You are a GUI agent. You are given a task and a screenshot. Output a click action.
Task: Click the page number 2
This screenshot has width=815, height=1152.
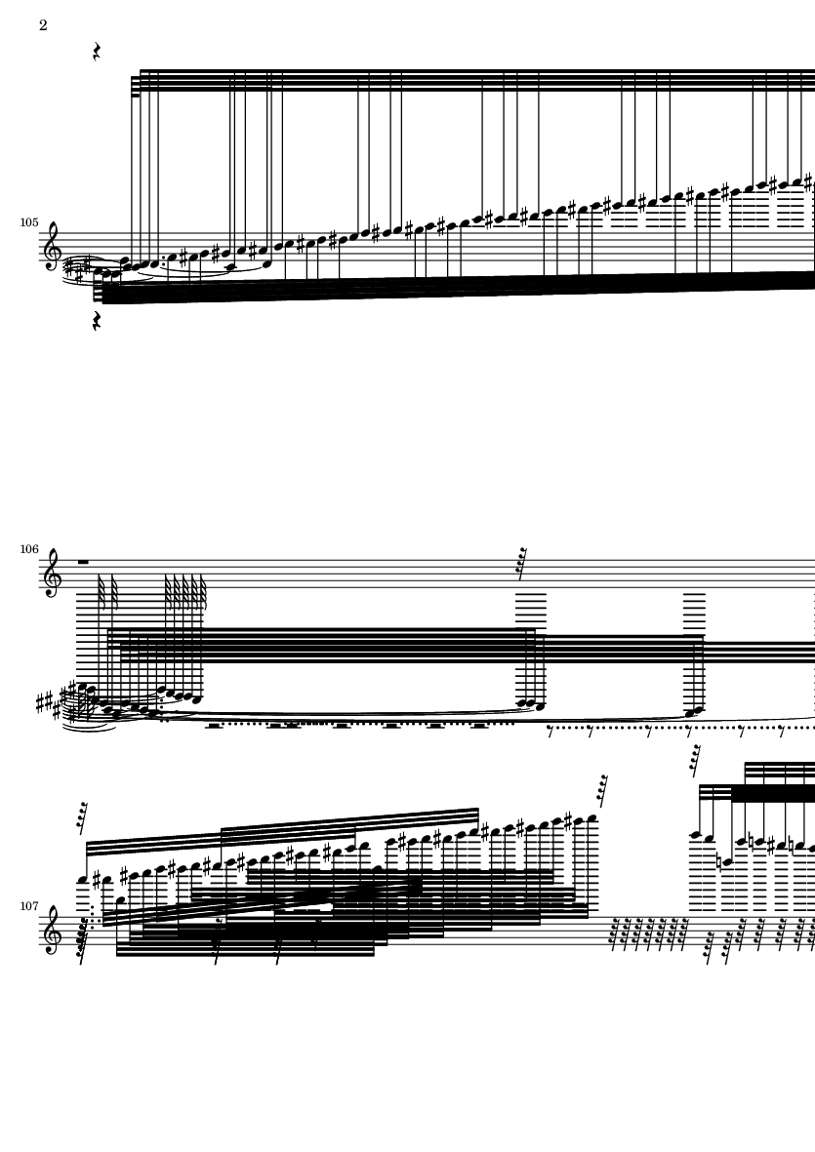[x=43, y=25]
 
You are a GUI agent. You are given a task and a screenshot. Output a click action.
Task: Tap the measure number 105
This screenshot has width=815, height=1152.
[x=28, y=221]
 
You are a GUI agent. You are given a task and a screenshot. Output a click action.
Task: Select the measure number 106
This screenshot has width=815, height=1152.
[x=28, y=549]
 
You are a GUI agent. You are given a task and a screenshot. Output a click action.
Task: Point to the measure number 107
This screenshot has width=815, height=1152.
[x=28, y=906]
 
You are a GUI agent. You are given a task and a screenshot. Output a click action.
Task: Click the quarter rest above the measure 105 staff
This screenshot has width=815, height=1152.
[x=97, y=52]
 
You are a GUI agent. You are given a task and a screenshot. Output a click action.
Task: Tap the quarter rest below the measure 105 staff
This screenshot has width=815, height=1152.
[x=97, y=321]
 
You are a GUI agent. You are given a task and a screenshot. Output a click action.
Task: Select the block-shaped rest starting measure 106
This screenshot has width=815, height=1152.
[x=83, y=562]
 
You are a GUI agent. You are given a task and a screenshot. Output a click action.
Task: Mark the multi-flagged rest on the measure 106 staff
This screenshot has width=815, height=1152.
[x=522, y=564]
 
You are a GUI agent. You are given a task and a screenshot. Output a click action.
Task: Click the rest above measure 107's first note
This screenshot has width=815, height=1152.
[x=83, y=818]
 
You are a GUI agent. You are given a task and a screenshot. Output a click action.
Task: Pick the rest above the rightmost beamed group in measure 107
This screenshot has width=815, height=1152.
[x=695, y=761]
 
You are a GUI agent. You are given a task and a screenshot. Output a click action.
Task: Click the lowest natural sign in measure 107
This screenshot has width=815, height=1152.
[x=719, y=861]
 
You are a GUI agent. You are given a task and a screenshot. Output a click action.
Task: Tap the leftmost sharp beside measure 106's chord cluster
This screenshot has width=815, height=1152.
[x=40, y=703]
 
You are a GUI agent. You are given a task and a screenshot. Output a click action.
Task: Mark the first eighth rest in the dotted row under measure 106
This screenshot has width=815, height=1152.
[x=550, y=731]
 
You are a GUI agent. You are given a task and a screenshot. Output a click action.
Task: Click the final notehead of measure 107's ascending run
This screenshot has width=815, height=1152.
[x=592, y=817]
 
